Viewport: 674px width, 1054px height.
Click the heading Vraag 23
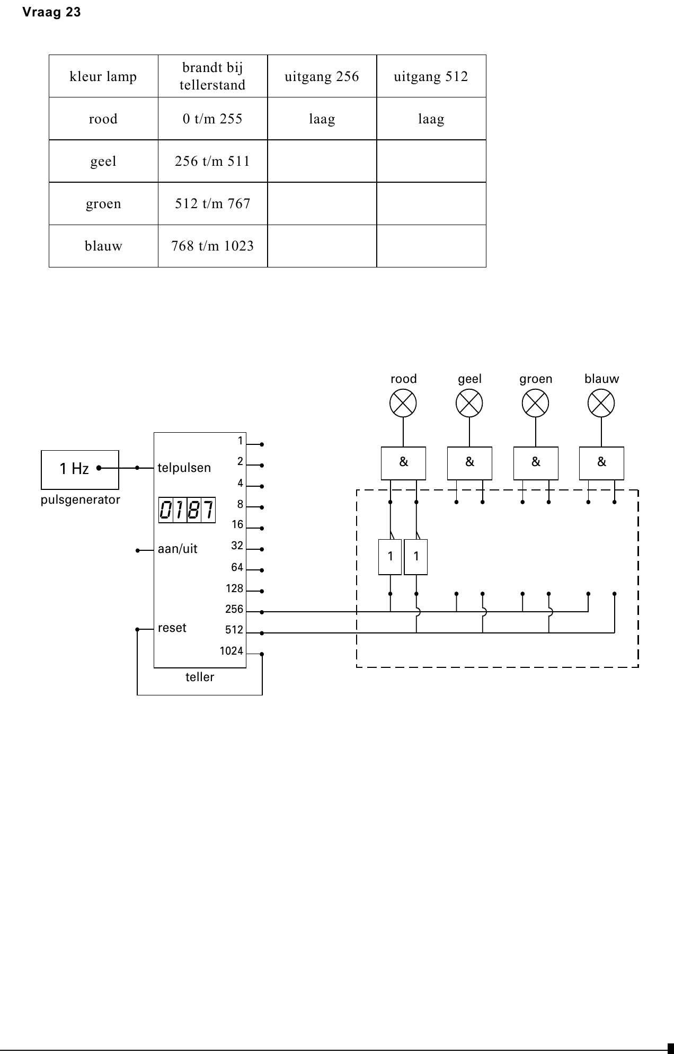pos(51,12)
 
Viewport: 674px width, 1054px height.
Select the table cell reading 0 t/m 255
pos(212,119)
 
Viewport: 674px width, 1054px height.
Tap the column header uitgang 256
pos(322,76)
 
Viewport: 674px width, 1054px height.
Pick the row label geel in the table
pos(103,161)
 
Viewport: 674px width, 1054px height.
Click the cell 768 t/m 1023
pos(212,246)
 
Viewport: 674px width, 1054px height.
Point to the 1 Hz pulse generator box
pos(80,470)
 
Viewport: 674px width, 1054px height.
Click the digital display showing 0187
pos(187,510)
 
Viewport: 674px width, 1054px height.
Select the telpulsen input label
pos(184,468)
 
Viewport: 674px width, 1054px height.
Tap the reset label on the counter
pos(172,628)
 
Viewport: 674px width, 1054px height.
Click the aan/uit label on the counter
pos(178,549)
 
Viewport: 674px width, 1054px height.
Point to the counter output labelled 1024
pos(232,651)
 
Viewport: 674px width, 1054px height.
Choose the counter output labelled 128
pos(234,588)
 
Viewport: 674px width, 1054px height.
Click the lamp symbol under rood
pos(403,403)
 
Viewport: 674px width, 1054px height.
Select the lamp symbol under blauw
pos(601,403)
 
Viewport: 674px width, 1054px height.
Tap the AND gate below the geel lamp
pos(469,463)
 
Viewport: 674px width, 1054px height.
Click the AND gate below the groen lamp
pos(536,463)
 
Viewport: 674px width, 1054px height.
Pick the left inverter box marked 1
pos(391,557)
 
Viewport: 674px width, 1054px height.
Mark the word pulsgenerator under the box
pos(81,500)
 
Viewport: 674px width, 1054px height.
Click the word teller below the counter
pos(200,677)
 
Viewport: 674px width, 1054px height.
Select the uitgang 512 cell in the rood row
pos(431,119)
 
